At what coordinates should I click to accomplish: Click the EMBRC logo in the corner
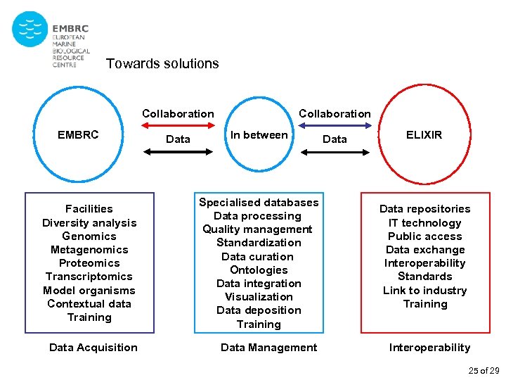point(51,39)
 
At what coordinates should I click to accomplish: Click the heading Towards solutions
point(162,64)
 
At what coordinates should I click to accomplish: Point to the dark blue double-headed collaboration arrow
point(334,126)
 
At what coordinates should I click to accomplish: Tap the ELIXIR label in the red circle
point(424,134)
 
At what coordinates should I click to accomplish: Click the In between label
point(259,134)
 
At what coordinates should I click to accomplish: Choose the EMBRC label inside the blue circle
point(78,134)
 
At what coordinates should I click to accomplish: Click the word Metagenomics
point(89,250)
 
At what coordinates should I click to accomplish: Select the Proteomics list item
point(89,263)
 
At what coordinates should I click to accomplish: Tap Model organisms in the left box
point(89,291)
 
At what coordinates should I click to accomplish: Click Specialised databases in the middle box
point(259,203)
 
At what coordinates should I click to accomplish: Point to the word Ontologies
point(259,270)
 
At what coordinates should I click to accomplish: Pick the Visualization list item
point(259,297)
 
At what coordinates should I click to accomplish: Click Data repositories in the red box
point(424,209)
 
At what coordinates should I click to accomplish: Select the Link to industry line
point(424,291)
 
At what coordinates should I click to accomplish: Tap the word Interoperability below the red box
point(429,348)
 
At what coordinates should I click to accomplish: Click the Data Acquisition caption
point(93,348)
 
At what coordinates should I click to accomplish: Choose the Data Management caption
point(268,348)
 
